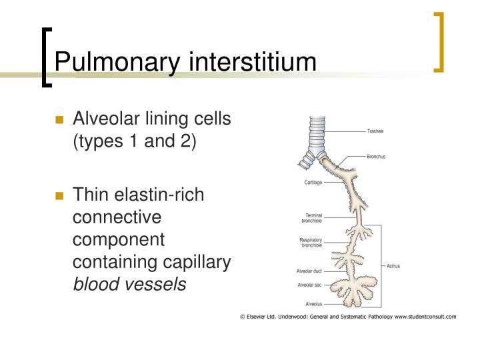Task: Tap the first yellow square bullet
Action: (x=59, y=121)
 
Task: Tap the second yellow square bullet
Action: (x=59, y=196)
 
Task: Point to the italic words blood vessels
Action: (x=129, y=285)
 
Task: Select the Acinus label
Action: (x=393, y=265)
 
